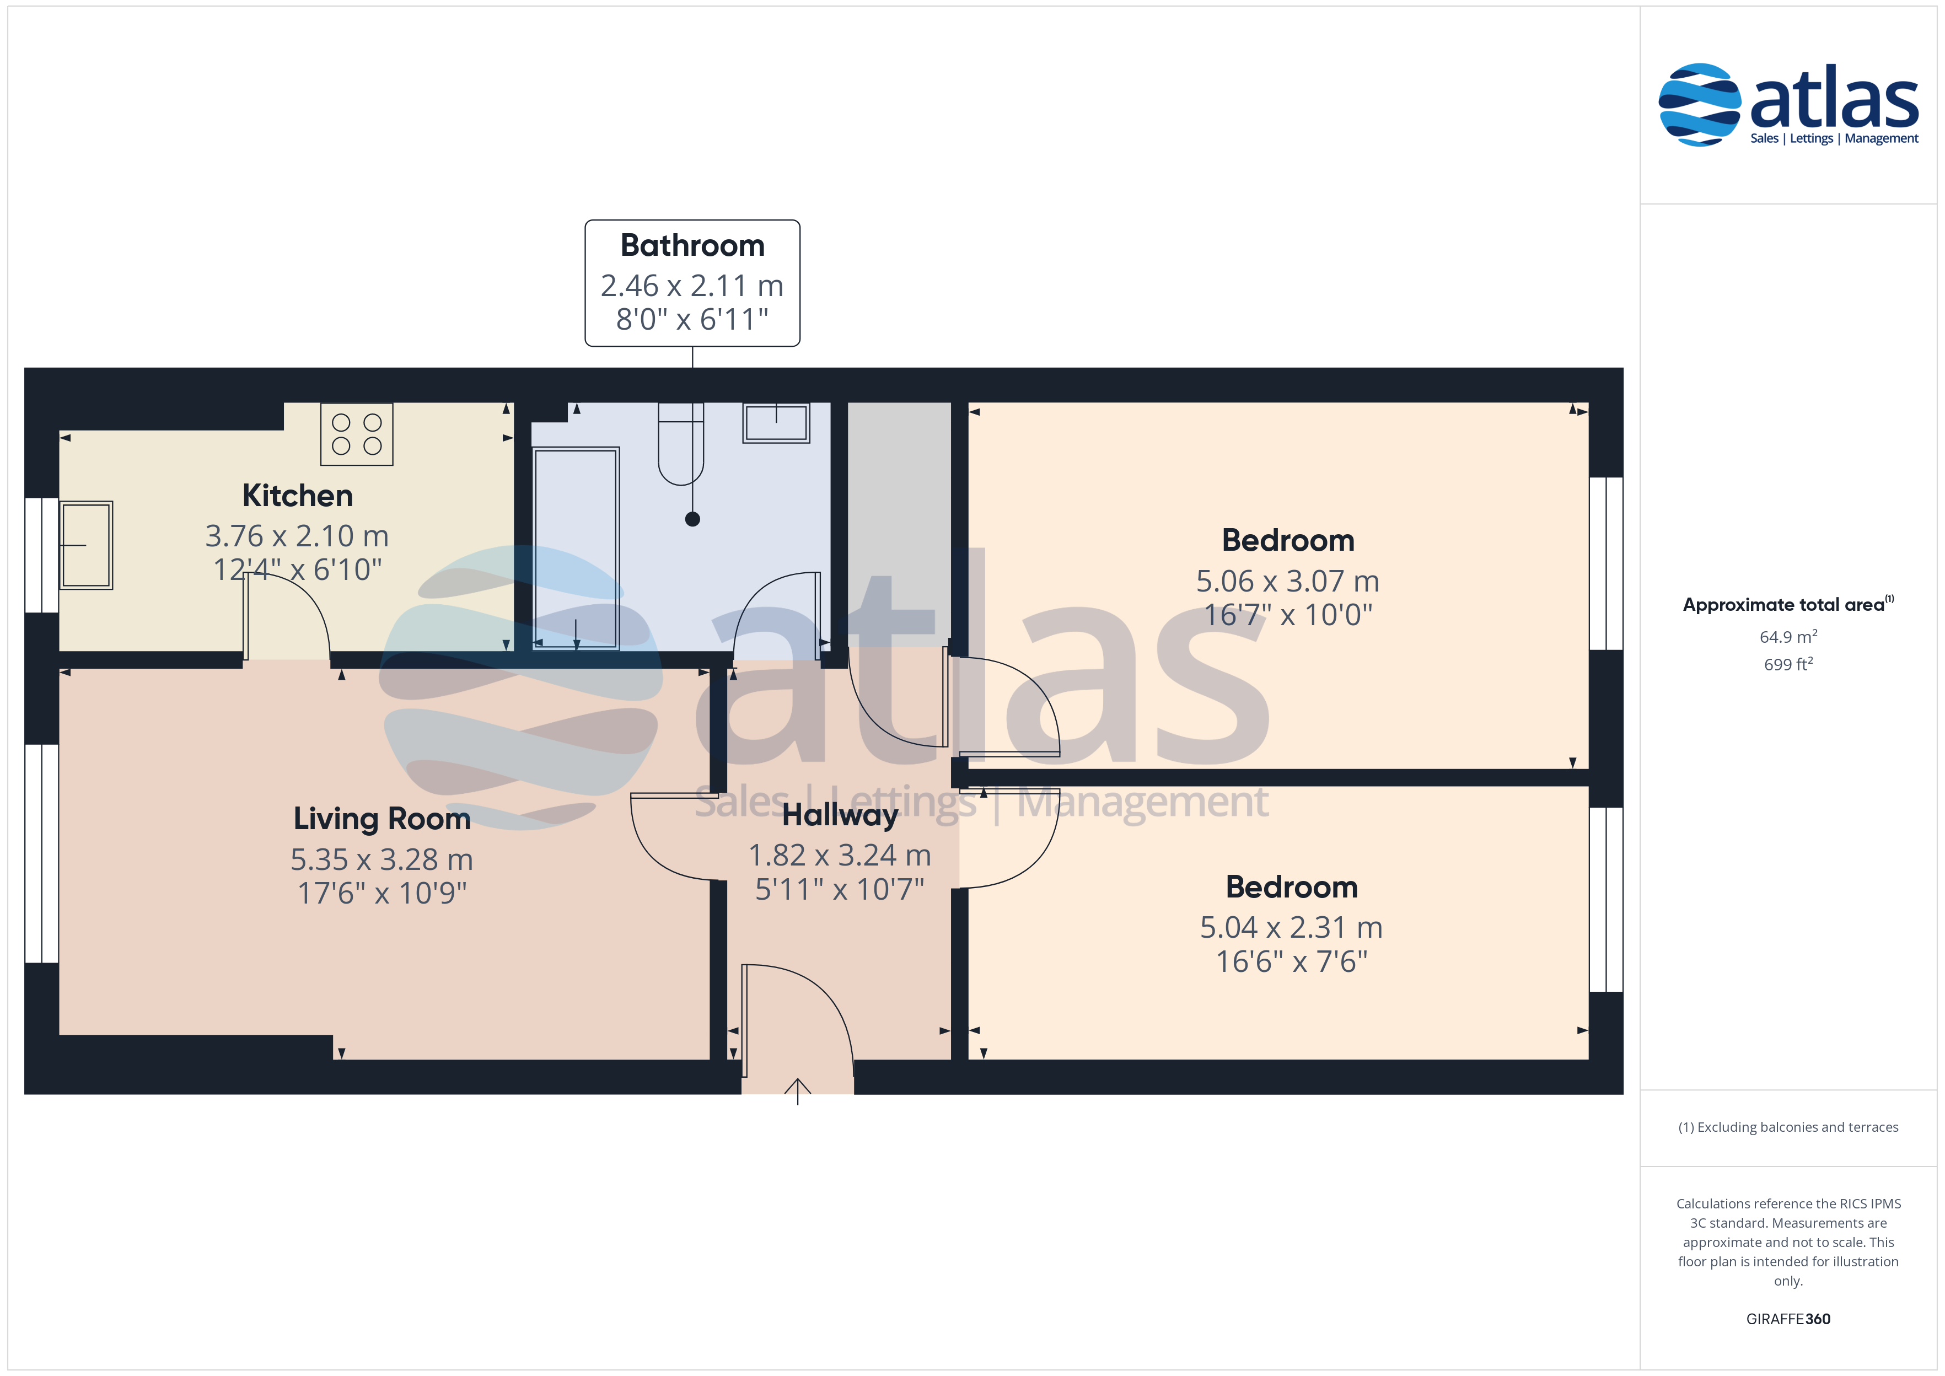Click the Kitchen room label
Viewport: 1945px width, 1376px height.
(297, 496)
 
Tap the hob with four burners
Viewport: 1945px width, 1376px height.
(357, 434)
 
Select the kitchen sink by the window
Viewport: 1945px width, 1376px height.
(85, 545)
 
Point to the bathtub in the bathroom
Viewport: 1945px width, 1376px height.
(576, 548)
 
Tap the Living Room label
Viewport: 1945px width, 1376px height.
(382, 819)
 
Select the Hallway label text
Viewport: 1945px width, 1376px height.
(840, 815)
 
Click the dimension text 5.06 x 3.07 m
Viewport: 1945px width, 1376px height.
(1288, 581)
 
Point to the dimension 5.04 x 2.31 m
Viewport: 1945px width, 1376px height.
(1291, 928)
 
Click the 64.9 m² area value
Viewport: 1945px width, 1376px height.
(1788, 636)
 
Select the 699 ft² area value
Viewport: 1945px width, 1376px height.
(1788, 664)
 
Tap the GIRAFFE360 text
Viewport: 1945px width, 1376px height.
(1788, 1319)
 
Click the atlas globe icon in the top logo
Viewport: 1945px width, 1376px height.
(1699, 104)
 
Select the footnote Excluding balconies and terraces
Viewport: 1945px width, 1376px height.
(1788, 1127)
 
